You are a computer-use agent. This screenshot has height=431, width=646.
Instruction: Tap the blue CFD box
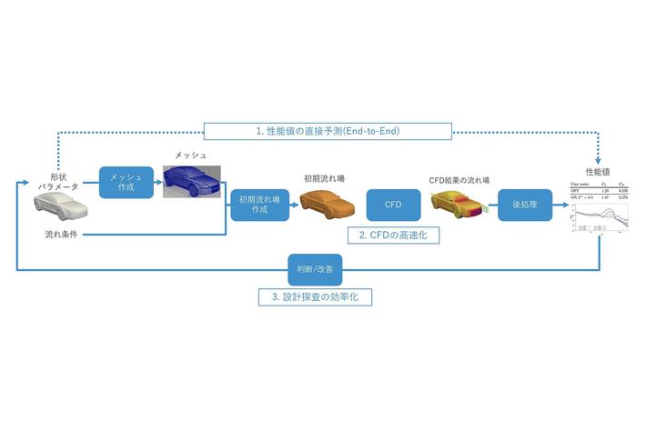pos(393,205)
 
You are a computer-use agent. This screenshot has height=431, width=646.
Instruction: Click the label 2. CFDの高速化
pos(393,235)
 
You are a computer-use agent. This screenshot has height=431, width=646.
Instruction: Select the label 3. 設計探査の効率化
pos(314,296)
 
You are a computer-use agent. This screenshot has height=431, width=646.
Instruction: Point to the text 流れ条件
pos(64,235)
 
